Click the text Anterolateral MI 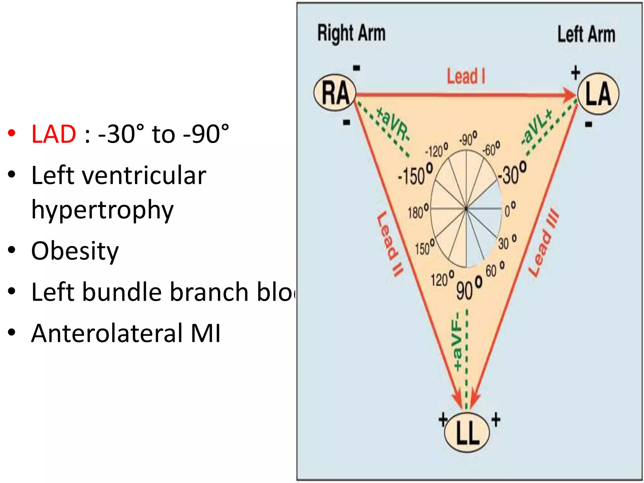click(126, 333)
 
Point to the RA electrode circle click(335, 93)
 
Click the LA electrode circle click(598, 94)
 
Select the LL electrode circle click(467, 432)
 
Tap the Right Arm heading click(351, 33)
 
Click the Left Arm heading click(586, 34)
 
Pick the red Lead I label click(466, 76)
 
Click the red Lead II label click(390, 244)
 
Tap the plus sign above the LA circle click(575, 73)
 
